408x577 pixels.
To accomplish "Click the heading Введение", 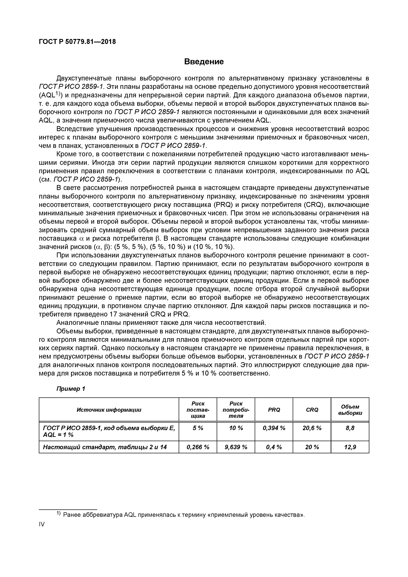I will tap(204, 62).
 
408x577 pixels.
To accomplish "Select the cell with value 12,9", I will tap(350, 447).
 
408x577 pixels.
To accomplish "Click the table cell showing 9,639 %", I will tap(236, 447).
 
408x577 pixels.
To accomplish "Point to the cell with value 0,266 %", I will tap(198, 447).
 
